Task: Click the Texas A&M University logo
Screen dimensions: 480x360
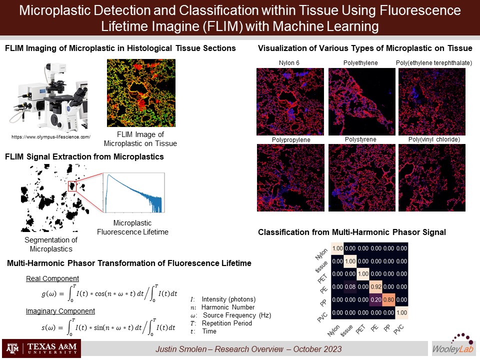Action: pyautogui.click(x=41, y=348)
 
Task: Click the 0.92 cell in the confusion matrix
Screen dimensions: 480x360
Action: pyautogui.click(x=376, y=287)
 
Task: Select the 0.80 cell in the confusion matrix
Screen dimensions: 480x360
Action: pyautogui.click(x=389, y=299)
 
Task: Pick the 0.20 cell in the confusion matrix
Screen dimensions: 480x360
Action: pyautogui.click(x=376, y=299)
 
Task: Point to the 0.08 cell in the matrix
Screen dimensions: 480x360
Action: pyautogui.click(x=350, y=287)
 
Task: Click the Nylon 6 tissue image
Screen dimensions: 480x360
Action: pyautogui.click(x=290, y=101)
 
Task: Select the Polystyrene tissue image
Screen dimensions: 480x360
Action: pyautogui.click(x=362, y=177)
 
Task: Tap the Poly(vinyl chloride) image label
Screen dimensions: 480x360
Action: pyautogui.click(x=434, y=139)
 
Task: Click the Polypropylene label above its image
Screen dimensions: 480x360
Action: pyautogui.click(x=291, y=139)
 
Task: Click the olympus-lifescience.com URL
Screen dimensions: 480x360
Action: pyautogui.click(x=51, y=137)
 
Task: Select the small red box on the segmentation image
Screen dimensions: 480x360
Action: pyautogui.click(x=72, y=186)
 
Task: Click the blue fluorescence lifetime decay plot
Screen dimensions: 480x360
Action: pyautogui.click(x=134, y=193)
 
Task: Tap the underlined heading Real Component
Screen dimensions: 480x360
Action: pyautogui.click(x=52, y=278)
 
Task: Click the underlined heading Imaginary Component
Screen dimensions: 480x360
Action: pyautogui.click(x=60, y=311)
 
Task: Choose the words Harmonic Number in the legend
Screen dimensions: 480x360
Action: pyautogui.click(x=228, y=307)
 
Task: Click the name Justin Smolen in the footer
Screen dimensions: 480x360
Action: pyautogui.click(x=181, y=349)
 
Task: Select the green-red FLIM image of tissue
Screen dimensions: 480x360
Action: pyautogui.click(x=141, y=93)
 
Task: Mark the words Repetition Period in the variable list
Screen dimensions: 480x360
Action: pyautogui.click(x=227, y=323)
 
